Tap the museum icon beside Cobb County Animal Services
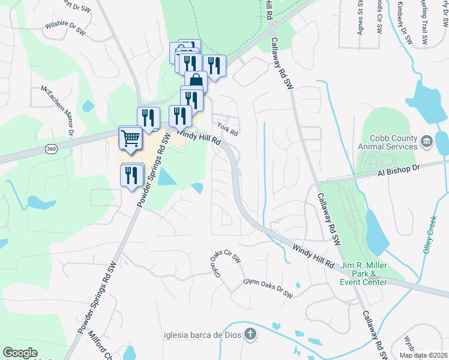427,142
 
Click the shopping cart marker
131,139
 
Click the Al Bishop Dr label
397,170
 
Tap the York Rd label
228,129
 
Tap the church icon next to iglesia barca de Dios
250,334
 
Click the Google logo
20,353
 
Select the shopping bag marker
196,82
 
